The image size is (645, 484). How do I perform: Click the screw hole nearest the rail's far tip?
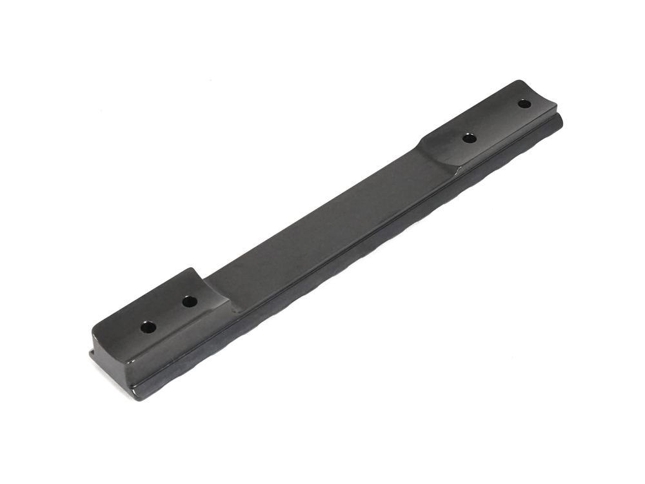(x=524, y=103)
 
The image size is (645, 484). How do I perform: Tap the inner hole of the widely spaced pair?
(x=470, y=138)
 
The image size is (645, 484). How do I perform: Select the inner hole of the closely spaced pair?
(x=189, y=301)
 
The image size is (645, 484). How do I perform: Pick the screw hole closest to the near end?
(x=148, y=327)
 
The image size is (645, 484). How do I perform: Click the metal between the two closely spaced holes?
(x=169, y=314)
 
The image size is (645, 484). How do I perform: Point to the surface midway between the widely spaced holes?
(x=497, y=121)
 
